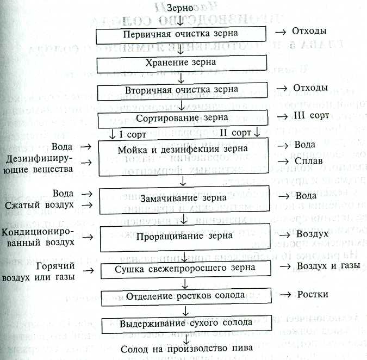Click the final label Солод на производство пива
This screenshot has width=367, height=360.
coord(186,349)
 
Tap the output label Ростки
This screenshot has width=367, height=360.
coord(313,294)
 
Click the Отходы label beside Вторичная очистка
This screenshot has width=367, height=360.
coord(310,88)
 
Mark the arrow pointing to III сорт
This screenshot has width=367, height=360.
coord(282,117)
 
